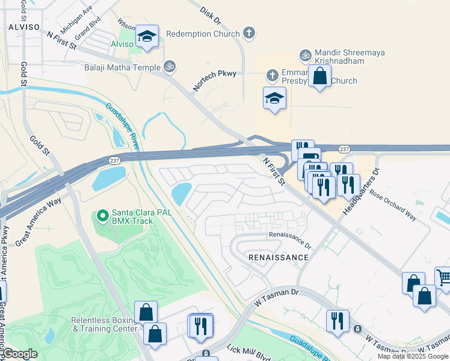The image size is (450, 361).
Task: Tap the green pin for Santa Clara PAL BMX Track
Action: (x=102, y=215)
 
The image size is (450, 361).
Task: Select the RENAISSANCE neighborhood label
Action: (x=279, y=258)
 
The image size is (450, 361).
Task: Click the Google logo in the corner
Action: (x=20, y=354)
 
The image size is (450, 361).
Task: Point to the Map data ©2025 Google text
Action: (x=413, y=356)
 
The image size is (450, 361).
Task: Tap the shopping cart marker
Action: (x=443, y=278)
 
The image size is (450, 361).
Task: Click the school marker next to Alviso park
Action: (x=147, y=37)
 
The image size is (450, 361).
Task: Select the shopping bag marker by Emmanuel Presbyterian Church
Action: (x=320, y=76)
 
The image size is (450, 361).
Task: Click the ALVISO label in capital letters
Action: (x=24, y=28)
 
